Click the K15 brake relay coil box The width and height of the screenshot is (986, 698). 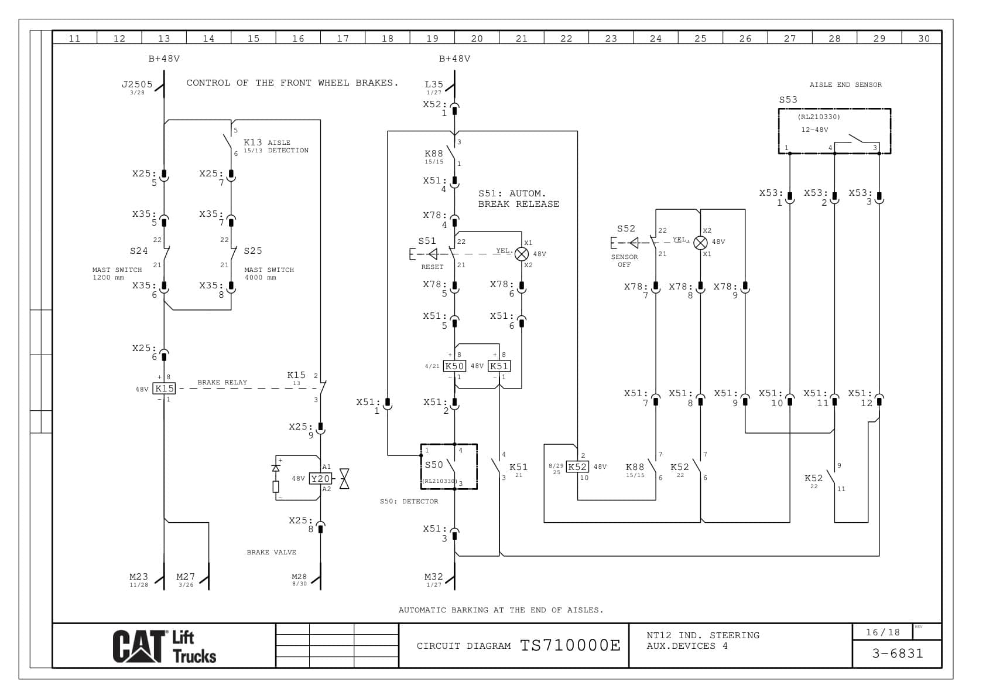(x=165, y=389)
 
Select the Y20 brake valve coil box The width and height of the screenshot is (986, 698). (x=320, y=479)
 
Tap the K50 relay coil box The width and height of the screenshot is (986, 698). (x=454, y=366)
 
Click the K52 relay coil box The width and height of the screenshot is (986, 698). (x=577, y=467)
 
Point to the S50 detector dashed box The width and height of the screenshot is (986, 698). (x=449, y=467)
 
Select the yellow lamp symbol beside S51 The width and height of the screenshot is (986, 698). (x=521, y=254)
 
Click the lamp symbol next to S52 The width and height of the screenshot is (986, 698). (x=700, y=243)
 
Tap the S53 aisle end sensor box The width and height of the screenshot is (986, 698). (x=834, y=131)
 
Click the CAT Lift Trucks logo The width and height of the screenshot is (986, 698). (x=165, y=646)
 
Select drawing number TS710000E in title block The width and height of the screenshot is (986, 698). (x=570, y=646)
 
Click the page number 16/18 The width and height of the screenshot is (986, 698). (x=882, y=632)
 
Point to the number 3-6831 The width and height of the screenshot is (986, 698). (x=897, y=653)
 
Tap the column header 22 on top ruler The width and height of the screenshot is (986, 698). (x=566, y=39)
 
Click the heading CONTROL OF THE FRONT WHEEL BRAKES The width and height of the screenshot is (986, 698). (x=292, y=83)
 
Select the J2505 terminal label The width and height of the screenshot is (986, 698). (x=137, y=84)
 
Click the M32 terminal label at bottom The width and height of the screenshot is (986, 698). (x=433, y=577)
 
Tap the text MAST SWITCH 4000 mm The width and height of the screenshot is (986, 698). (x=269, y=274)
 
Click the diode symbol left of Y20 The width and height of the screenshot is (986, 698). (x=276, y=468)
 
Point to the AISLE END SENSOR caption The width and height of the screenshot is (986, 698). (x=845, y=84)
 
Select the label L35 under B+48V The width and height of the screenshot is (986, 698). (x=433, y=84)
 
